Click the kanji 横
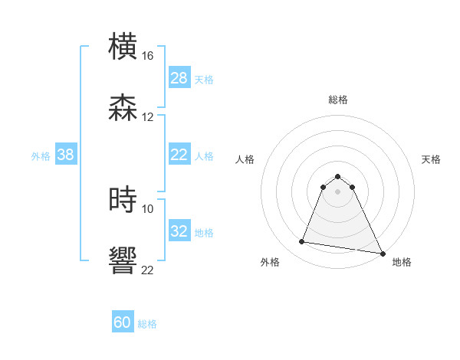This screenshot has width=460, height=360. (x=123, y=47)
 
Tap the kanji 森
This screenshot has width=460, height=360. (x=123, y=108)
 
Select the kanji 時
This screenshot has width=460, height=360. (x=123, y=200)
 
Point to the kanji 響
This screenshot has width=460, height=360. (x=123, y=261)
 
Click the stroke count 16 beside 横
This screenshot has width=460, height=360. (x=148, y=56)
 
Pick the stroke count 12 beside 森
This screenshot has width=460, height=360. (x=148, y=117)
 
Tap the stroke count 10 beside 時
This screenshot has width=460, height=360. (x=148, y=208)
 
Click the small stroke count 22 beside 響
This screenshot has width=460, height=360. (x=148, y=270)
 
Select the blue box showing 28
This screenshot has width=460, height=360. (x=179, y=78)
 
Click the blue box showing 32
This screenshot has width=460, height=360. (x=179, y=231)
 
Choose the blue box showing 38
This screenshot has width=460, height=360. (x=66, y=155)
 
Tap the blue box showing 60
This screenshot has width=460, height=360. (x=123, y=323)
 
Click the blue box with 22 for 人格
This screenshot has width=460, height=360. (x=179, y=155)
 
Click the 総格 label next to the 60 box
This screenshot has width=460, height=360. (x=147, y=324)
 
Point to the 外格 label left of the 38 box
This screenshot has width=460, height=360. (x=41, y=155)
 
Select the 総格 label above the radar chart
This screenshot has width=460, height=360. (x=338, y=100)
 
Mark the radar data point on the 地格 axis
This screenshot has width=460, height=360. (x=381, y=253)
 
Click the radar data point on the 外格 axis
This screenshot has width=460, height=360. (x=301, y=242)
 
